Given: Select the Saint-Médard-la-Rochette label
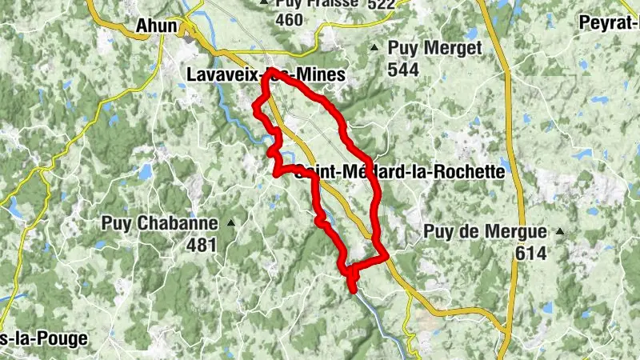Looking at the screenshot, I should coord(400,171).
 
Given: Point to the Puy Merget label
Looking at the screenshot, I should coord(434,50).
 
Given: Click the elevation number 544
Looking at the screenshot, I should coord(404,70).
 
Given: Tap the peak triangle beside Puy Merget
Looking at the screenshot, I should coord(374,49).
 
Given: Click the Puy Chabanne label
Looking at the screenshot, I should coord(159,223).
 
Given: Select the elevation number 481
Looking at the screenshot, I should coord(202,245).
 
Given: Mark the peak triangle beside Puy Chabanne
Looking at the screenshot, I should coord(231,222).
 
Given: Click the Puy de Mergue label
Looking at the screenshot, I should coord(485,233).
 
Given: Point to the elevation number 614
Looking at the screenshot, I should coord(530,254).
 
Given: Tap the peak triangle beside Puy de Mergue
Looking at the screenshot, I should coord(560,232).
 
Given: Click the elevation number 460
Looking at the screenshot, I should coord(288,19).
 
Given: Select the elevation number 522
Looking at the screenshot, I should coord(381,5).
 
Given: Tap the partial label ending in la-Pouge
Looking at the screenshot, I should coord(43,338).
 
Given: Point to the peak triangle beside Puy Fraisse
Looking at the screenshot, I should coord(263,2).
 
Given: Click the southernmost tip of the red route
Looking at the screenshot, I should coord(353,290).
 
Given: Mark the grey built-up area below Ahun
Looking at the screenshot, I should coord(190,38).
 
